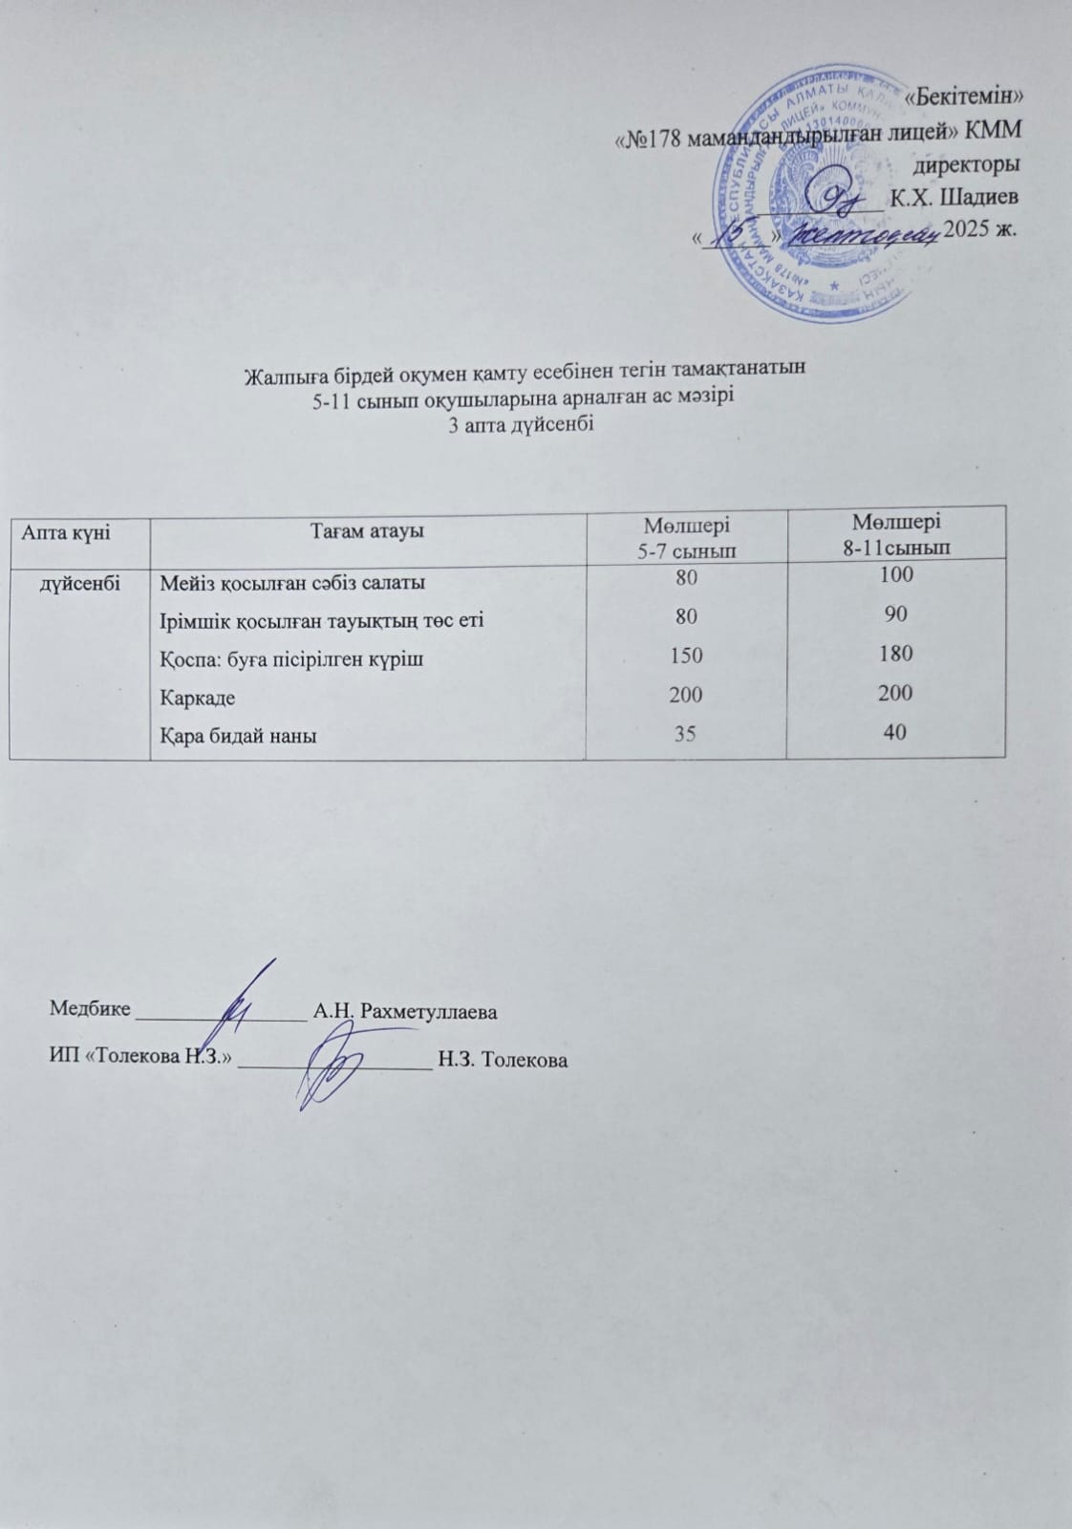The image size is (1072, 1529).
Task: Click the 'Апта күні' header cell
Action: pyautogui.click(x=66, y=531)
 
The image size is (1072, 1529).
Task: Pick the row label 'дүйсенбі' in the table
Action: pyautogui.click(x=78, y=580)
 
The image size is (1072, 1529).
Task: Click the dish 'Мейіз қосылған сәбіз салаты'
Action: pyautogui.click(x=292, y=581)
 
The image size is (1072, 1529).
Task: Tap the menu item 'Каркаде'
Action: pyautogui.click(x=198, y=697)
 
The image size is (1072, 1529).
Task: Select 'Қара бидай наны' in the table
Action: pyautogui.click(x=239, y=736)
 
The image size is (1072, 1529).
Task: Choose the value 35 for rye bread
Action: pyautogui.click(x=686, y=734)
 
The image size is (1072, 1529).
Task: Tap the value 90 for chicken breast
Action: pyautogui.click(x=896, y=614)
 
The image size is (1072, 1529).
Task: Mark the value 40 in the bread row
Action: pyautogui.click(x=896, y=731)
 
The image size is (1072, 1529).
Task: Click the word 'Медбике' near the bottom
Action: pyautogui.click(x=90, y=1010)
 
